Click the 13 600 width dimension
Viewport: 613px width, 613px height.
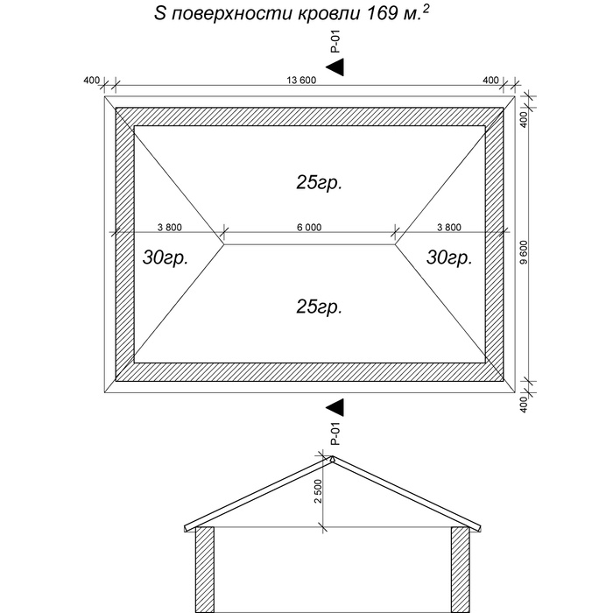coord(301,81)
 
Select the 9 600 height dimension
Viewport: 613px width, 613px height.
coord(525,252)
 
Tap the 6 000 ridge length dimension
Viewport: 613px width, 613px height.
coord(309,227)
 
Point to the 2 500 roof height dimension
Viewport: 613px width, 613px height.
coord(318,491)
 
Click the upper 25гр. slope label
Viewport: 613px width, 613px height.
coord(319,182)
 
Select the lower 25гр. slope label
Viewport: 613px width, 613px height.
coord(319,306)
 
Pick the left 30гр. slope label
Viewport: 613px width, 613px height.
coord(166,257)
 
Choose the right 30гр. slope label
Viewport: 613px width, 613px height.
coord(449,257)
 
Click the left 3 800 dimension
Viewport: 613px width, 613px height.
coord(170,227)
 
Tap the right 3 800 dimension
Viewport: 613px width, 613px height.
coord(449,227)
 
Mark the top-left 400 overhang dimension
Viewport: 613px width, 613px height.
coord(91,81)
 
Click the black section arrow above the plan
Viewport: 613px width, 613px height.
coord(335,67)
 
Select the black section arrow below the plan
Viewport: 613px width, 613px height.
coord(335,407)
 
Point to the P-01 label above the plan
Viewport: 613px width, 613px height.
coord(335,41)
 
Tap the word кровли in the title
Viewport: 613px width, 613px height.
coord(329,15)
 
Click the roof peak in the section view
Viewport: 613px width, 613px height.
coord(332,456)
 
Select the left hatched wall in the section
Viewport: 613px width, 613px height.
coord(204,569)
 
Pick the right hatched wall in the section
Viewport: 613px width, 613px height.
coord(461,569)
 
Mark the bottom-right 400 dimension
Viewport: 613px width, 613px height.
coord(525,405)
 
